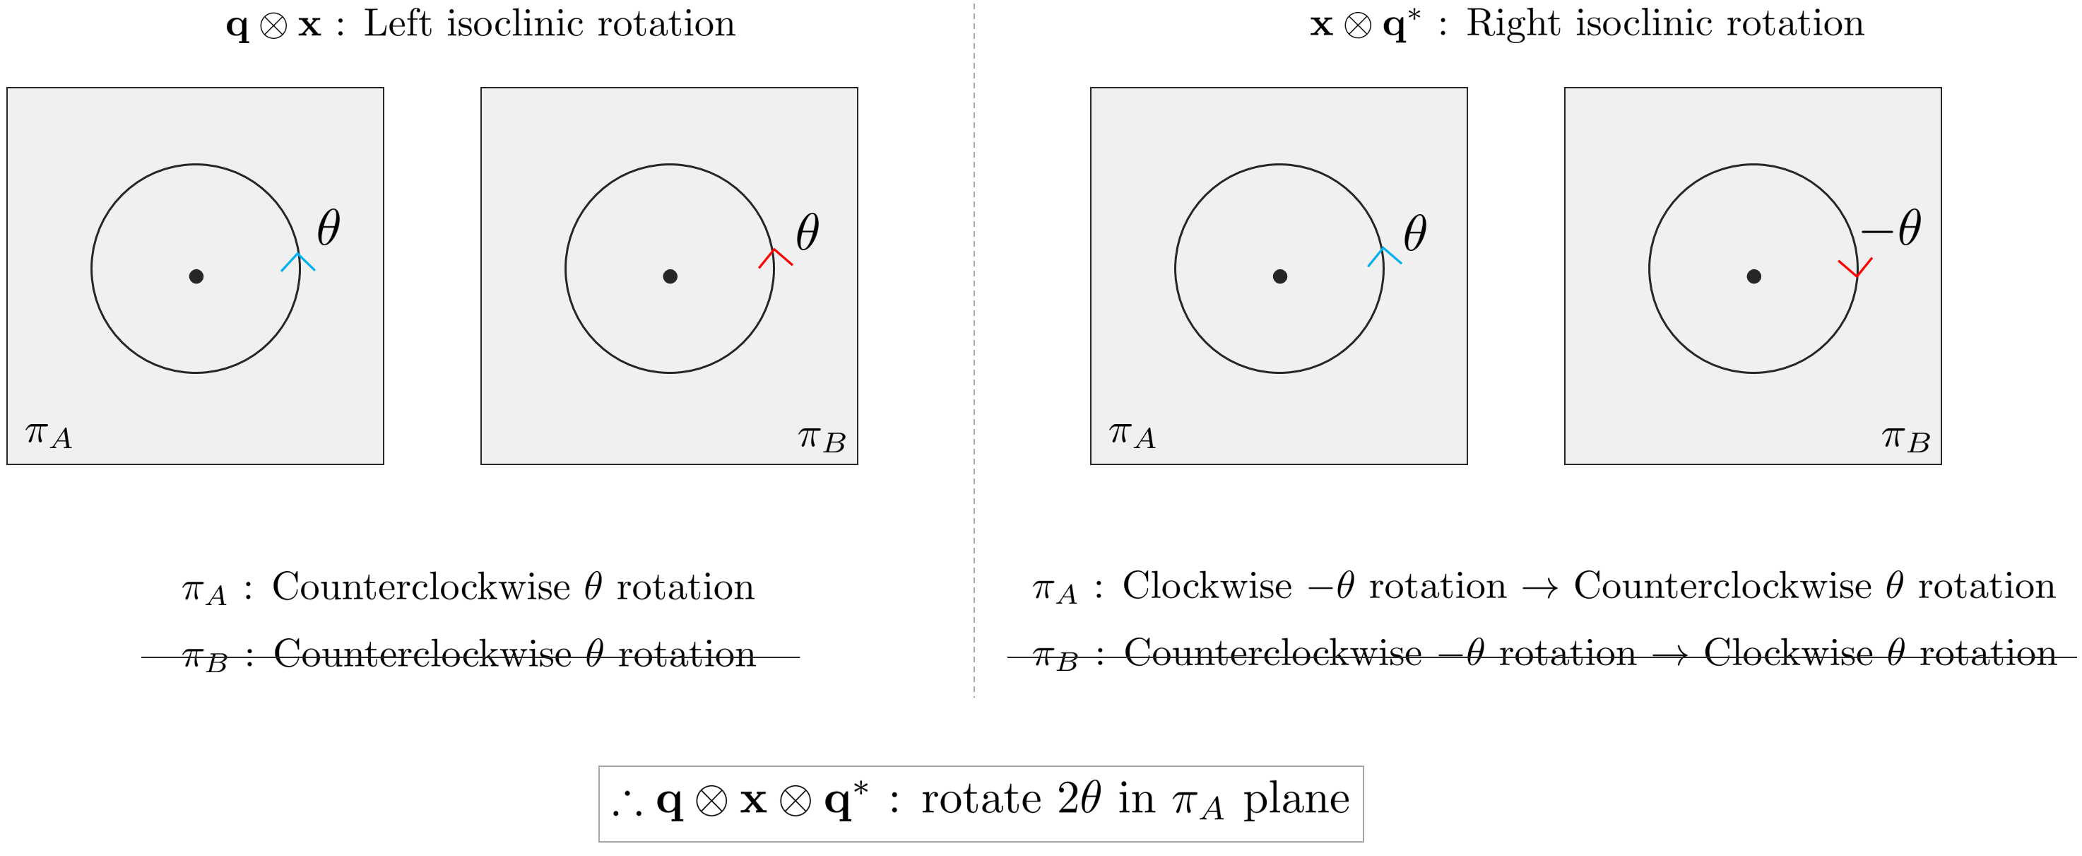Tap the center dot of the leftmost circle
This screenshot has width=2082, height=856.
pyautogui.click(x=196, y=276)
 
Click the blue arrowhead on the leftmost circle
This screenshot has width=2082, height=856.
pyautogui.click(x=298, y=260)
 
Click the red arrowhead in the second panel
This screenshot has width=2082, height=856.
pyautogui.click(x=774, y=256)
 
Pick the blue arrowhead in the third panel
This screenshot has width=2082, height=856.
pyautogui.click(x=1384, y=255)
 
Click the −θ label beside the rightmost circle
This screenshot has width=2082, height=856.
pyautogui.click(x=1891, y=229)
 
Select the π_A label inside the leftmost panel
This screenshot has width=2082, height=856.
pyautogui.click(x=49, y=435)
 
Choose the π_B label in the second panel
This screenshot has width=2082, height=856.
pyautogui.click(x=821, y=439)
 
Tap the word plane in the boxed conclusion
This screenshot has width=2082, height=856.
pyautogui.click(x=1296, y=799)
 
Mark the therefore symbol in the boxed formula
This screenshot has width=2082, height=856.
pyautogui.click(x=627, y=804)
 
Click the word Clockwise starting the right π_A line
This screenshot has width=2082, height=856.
pyautogui.click(x=1207, y=586)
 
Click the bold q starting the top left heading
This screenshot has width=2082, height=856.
pyautogui.click(x=237, y=26)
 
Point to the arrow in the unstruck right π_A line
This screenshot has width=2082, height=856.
pyautogui.click(x=1539, y=587)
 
